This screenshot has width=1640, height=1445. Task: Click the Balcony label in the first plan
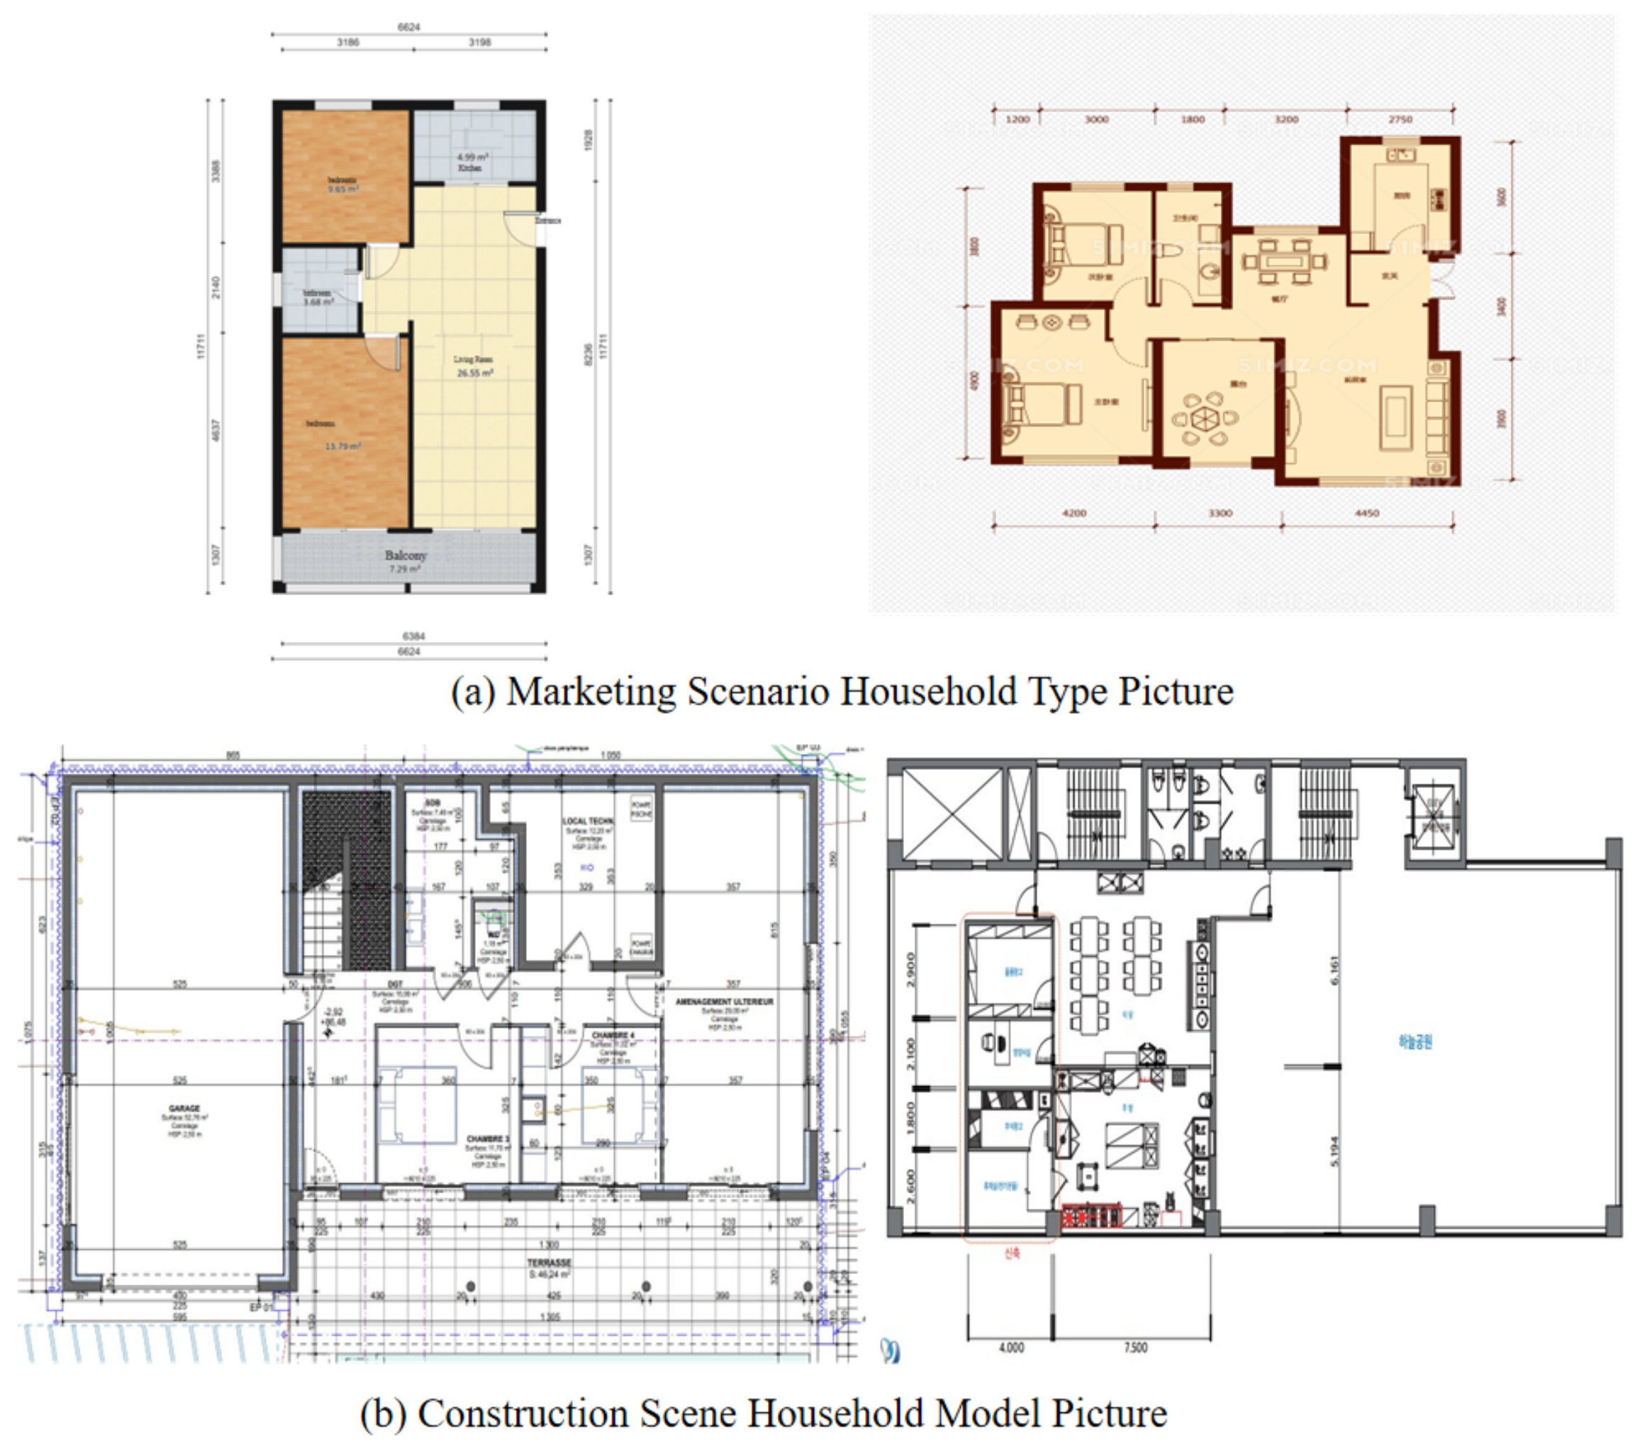[x=405, y=555]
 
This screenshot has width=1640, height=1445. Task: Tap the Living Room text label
[x=473, y=360]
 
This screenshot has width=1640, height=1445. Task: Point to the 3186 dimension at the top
[x=347, y=43]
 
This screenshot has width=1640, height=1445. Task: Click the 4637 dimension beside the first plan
[x=215, y=431]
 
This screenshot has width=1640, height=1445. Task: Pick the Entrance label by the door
[x=548, y=220]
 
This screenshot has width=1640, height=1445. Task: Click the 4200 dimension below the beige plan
[x=1073, y=513]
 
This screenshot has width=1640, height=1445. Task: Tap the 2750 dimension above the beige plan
[x=1400, y=118]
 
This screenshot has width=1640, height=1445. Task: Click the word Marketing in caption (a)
[x=592, y=691]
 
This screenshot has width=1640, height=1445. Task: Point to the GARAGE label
[x=184, y=1109]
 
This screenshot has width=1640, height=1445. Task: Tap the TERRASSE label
[x=550, y=1263]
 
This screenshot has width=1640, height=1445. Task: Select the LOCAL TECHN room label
[x=587, y=821]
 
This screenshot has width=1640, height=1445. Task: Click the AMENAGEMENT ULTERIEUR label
[x=724, y=1002]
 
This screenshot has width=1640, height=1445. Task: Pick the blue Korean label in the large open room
[x=1415, y=1042]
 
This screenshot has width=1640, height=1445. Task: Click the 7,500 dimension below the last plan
[x=1135, y=1348]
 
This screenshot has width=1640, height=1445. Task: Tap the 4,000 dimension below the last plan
[x=1011, y=1348]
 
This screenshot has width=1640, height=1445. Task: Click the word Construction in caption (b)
[x=523, y=1414]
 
